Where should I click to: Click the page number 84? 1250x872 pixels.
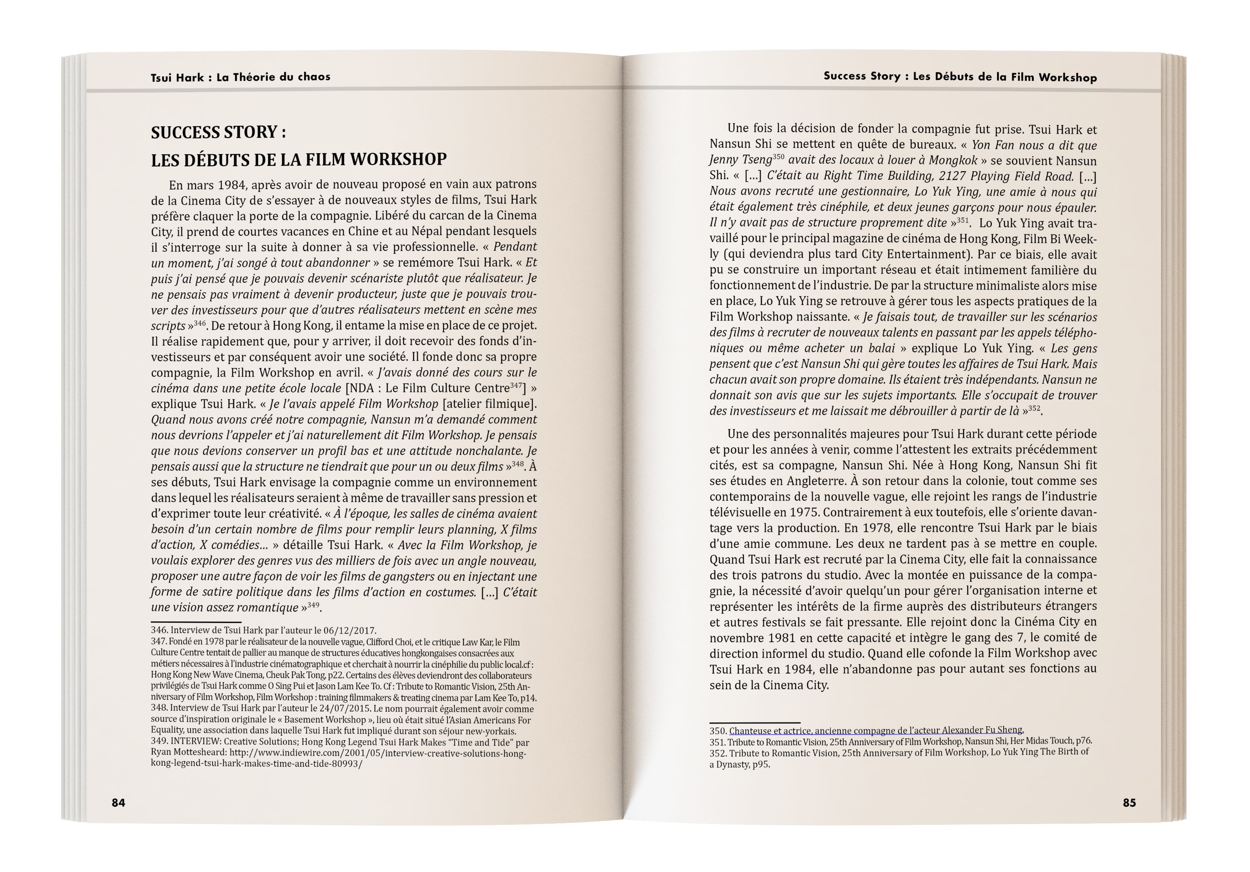(x=118, y=802)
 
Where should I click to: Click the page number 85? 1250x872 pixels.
(x=1129, y=802)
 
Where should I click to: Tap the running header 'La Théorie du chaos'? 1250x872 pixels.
(x=273, y=77)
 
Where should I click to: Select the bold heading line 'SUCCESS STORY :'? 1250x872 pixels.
(x=218, y=132)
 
